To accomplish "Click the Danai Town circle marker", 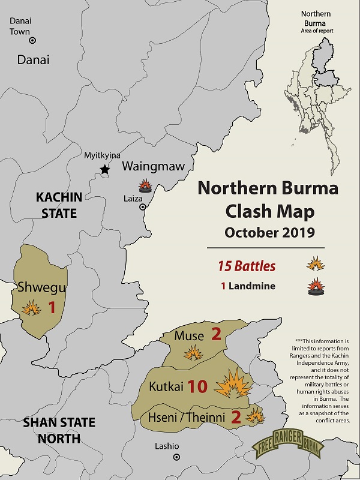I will [x=32, y=40].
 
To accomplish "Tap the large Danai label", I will [x=33, y=59].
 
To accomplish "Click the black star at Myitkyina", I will [x=105, y=169].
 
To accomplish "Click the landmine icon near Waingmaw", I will [x=145, y=185].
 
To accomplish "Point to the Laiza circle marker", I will [x=143, y=207].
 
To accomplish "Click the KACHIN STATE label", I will [x=56, y=205].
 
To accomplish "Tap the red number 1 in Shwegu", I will [x=52, y=308].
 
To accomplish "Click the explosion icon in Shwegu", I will [x=31, y=308].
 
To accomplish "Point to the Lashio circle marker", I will [x=176, y=457].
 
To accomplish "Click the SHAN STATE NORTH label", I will [x=59, y=430].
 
